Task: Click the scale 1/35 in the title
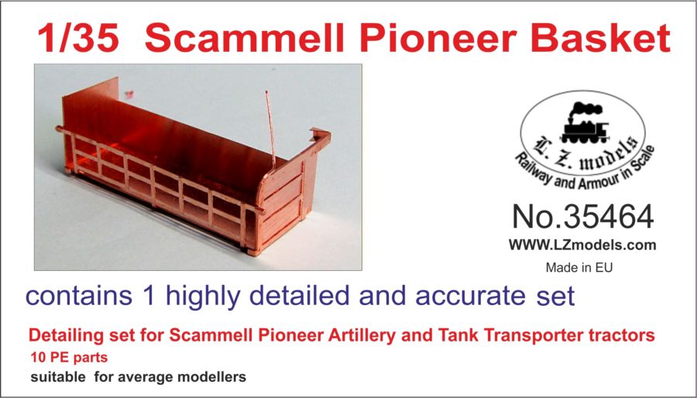(x=78, y=38)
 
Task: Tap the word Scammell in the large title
(x=244, y=38)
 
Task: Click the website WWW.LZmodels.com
(x=582, y=245)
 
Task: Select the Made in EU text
(x=579, y=268)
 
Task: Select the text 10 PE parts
(x=70, y=357)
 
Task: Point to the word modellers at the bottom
(x=211, y=377)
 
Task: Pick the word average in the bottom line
(x=146, y=378)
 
